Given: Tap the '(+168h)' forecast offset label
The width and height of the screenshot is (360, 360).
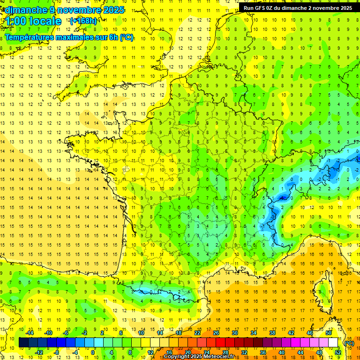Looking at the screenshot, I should tap(83, 21).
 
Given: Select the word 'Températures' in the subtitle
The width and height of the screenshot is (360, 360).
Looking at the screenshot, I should tap(30, 37).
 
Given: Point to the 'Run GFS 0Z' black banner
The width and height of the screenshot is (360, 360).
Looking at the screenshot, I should tap(298, 7).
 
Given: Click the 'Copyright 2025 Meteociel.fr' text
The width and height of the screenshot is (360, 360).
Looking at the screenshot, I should tap(199, 357).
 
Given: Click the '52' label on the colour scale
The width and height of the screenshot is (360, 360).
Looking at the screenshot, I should tap(338, 352).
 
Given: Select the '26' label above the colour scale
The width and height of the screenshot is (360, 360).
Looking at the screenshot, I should tap(216, 333).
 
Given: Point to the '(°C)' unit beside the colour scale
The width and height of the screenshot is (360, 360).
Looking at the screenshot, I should tap(349, 343).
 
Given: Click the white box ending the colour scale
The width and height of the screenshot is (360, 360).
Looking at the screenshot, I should tap(333, 343).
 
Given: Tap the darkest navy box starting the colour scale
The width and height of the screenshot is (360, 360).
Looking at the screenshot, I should tap(23, 343).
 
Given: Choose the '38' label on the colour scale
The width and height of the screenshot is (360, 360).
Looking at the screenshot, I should tap(272, 333).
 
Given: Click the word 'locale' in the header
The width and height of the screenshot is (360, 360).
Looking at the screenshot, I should tap(45, 21).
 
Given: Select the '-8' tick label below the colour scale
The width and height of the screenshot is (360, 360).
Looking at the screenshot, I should tap(57, 352).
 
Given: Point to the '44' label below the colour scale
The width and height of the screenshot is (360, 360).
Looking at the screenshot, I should tap(300, 352).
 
